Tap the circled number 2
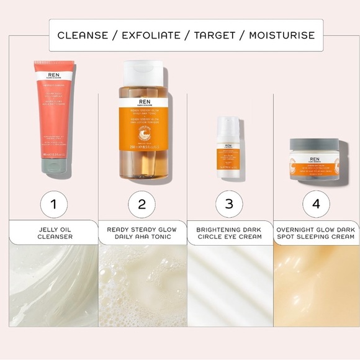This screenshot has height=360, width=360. click(x=142, y=204)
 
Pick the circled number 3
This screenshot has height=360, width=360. click(x=229, y=204)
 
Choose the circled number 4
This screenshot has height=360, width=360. click(x=316, y=204)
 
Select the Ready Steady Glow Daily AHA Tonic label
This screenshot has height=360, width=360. click(x=142, y=233)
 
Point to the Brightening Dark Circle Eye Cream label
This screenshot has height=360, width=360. click(x=229, y=233)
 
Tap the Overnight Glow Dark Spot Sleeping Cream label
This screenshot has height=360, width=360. click(x=317, y=233)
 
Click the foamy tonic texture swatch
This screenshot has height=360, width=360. click(x=142, y=285)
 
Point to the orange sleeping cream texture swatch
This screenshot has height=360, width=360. click(x=317, y=285)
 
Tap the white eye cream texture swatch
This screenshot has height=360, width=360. click(x=230, y=285)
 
